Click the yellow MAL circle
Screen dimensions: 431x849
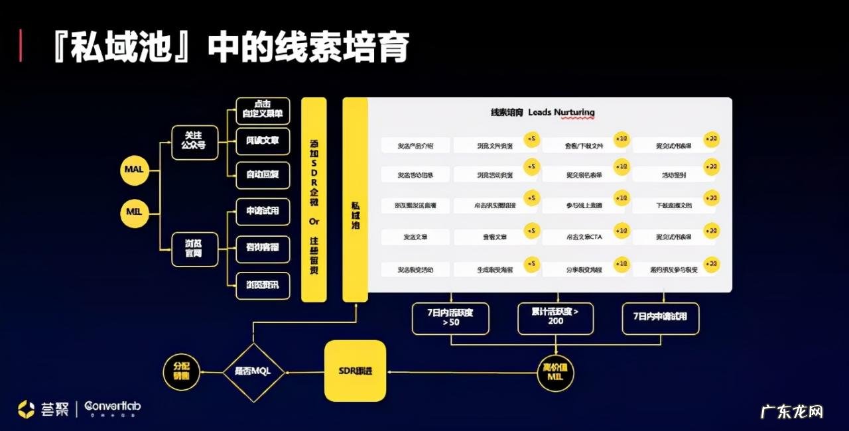click(x=133, y=170)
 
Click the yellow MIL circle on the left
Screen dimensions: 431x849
click(x=133, y=212)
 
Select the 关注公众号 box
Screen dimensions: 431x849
click(x=194, y=142)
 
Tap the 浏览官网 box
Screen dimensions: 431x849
click(x=194, y=249)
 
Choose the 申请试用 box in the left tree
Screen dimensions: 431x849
click(x=263, y=212)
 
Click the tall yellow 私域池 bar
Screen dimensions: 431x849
click(x=355, y=199)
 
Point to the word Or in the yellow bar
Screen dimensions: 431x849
click(x=314, y=221)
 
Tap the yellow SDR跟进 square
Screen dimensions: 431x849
click(x=355, y=371)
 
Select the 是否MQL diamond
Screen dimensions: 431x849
click(x=253, y=371)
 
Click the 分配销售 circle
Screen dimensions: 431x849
click(x=181, y=371)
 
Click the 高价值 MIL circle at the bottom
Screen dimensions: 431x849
click(x=556, y=371)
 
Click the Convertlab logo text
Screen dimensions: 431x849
click(x=113, y=407)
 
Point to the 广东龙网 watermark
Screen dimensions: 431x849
click(x=792, y=411)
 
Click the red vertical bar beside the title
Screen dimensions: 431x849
click(x=20, y=46)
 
